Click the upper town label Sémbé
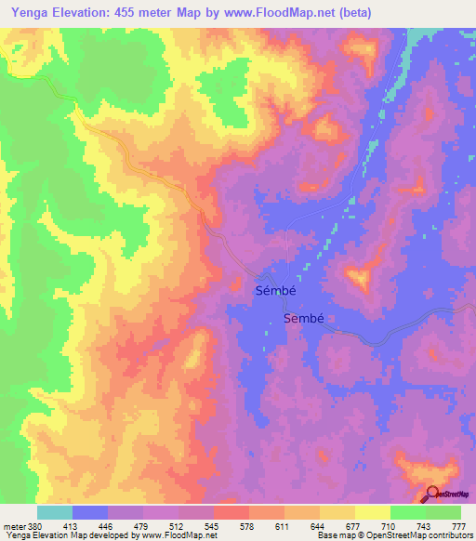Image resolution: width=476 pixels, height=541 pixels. (277, 290)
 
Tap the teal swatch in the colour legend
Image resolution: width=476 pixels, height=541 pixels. (55, 512)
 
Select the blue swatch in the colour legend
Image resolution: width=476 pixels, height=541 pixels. (90, 512)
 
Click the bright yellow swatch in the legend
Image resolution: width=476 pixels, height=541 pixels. (372, 512)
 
